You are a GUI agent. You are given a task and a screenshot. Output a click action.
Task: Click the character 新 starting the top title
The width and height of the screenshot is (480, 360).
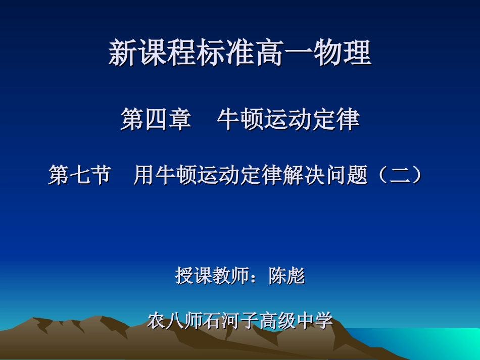click(122, 54)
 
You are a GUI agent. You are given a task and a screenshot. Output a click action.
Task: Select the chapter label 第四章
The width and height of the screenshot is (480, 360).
click(156, 120)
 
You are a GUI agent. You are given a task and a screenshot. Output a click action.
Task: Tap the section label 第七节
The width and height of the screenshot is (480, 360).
click(79, 176)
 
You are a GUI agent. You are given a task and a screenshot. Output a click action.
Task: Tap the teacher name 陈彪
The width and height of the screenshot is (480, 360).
click(286, 276)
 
